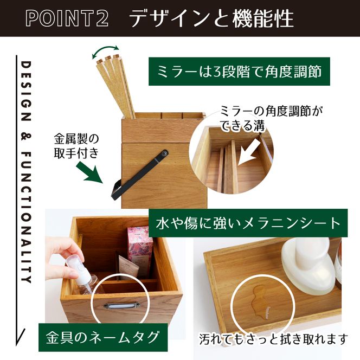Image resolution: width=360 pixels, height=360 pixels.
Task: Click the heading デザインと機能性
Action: point(211,18)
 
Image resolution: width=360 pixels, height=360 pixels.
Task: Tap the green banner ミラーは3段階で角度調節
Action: point(240,72)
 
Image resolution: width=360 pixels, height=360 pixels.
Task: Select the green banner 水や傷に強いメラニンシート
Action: point(248,223)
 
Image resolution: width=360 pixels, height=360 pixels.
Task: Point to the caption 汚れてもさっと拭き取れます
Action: point(273,340)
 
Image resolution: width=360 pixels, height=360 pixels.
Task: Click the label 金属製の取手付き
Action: point(76,145)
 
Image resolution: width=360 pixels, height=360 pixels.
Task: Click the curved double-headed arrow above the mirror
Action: point(106,51)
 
